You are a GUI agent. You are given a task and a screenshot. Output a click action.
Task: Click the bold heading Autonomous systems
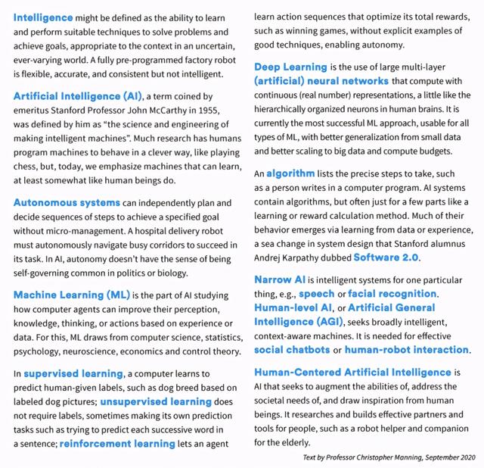[67, 202]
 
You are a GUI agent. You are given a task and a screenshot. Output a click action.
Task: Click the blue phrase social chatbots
[297, 350]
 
